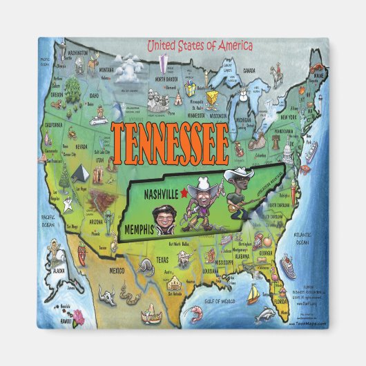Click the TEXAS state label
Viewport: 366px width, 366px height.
click(161, 260)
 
